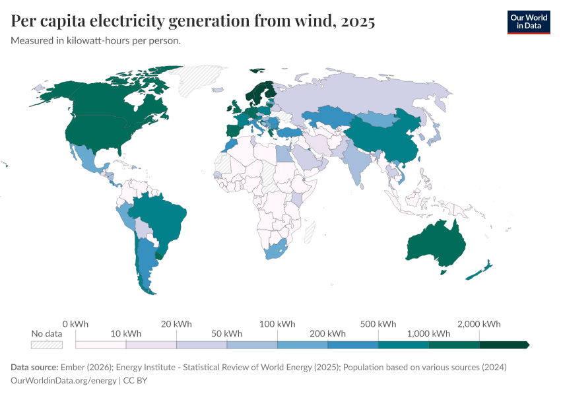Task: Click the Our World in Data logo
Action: coord(528,22)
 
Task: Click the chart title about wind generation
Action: coord(193,22)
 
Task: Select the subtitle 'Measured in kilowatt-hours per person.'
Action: coord(96,41)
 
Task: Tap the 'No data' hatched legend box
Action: coord(46,345)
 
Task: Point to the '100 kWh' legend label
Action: coord(277,324)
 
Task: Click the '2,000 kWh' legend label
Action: coord(479,324)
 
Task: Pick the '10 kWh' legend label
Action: coord(126,333)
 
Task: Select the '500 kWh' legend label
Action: coord(378,324)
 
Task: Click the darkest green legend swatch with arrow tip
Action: coord(504,345)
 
